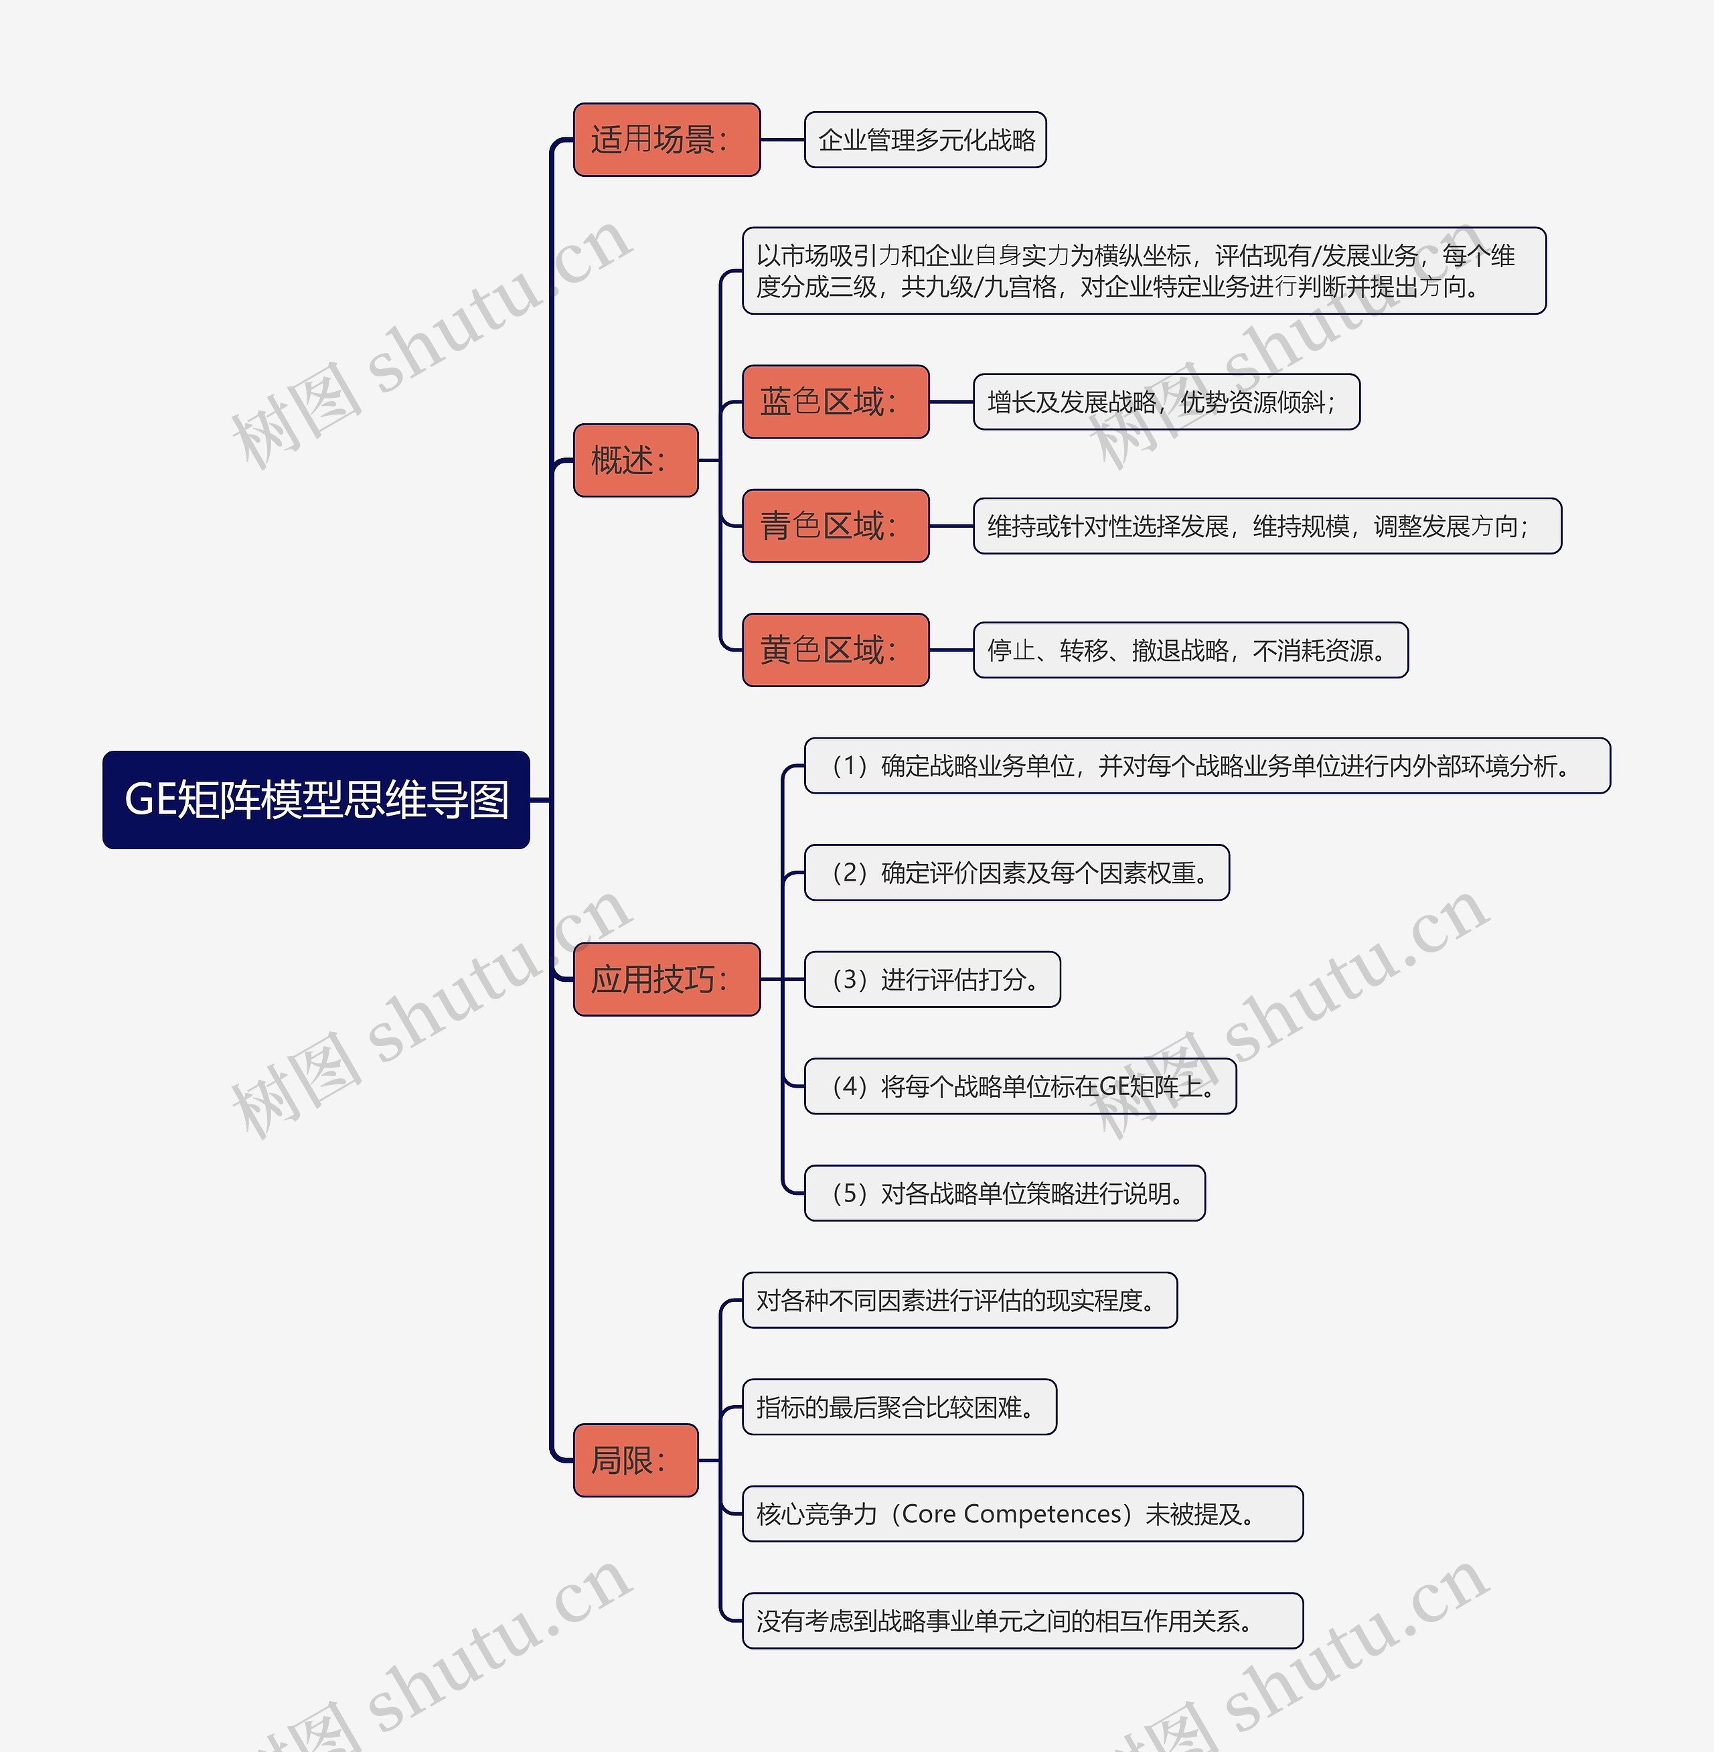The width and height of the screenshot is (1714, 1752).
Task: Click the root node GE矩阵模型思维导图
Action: pos(316,800)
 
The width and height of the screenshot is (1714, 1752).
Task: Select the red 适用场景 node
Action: pos(666,139)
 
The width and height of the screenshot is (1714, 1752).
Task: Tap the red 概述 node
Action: pos(635,460)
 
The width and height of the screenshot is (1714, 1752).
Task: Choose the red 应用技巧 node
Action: pos(666,980)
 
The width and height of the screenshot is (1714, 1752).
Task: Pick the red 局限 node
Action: pos(635,1460)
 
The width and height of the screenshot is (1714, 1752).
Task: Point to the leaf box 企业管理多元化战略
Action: pos(925,139)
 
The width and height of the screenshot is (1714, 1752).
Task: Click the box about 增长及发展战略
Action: pos(1166,402)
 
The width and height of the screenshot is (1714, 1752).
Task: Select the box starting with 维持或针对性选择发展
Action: pos(1267,526)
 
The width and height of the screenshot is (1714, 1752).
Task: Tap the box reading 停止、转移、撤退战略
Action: pos(1190,650)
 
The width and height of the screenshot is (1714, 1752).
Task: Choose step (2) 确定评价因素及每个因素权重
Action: pos(1016,873)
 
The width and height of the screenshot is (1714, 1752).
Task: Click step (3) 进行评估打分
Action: pos(932,980)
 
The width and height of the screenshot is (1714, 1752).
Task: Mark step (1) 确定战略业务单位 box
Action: pos(1206,766)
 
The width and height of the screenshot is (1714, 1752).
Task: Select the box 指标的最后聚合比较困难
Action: pos(899,1407)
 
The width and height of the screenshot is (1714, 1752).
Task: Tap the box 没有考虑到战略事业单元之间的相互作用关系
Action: pos(1022,1621)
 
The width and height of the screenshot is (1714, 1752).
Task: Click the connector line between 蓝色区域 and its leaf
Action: pos(951,402)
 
